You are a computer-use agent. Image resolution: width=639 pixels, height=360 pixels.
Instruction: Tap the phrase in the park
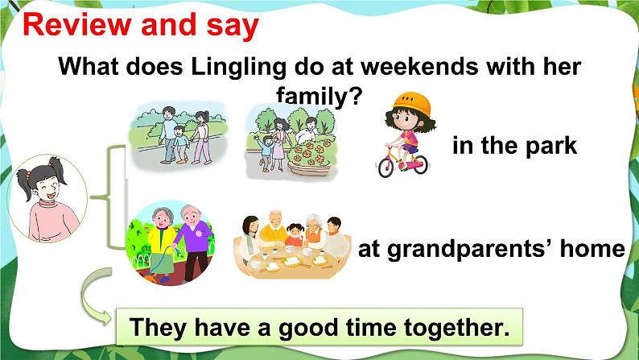514,146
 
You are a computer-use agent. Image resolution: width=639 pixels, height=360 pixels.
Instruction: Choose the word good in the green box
304,329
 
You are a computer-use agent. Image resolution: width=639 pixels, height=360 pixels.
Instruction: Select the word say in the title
229,26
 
